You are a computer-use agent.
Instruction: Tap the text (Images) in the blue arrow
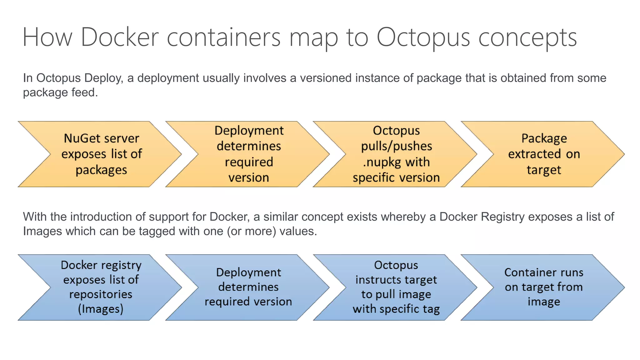click(101, 309)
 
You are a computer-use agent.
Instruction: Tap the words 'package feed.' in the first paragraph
click(60, 92)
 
